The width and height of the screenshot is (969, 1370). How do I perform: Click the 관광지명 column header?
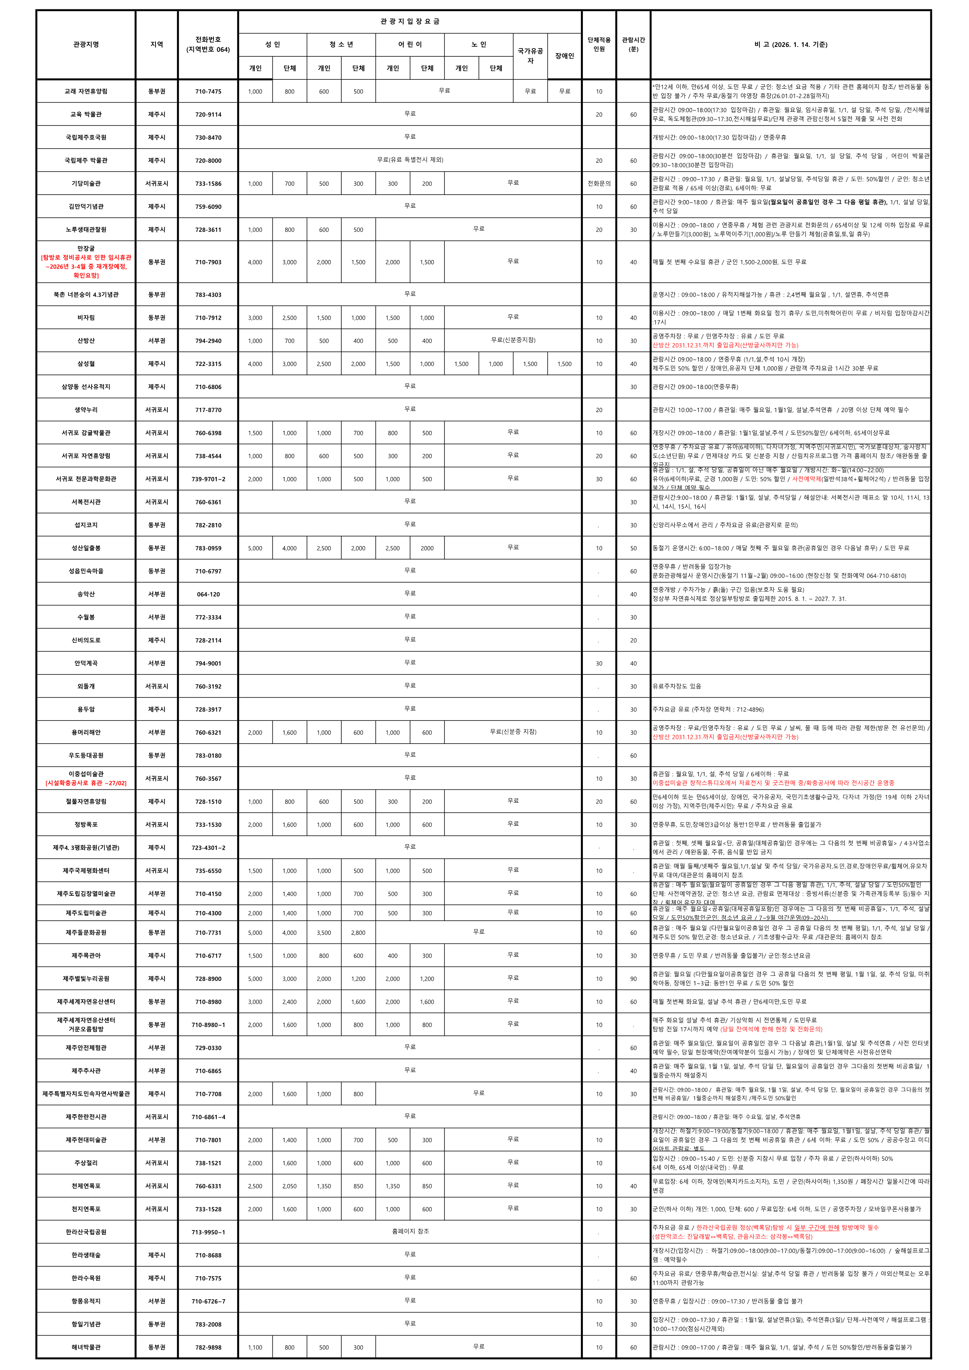[x=86, y=45]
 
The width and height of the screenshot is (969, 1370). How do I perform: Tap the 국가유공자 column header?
[x=530, y=56]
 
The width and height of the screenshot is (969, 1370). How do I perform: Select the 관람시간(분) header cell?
[x=633, y=45]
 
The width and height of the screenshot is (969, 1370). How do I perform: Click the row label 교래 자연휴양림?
[x=86, y=91]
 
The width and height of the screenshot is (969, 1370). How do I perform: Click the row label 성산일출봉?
[x=86, y=548]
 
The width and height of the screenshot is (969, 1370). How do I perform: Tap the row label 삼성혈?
[x=86, y=363]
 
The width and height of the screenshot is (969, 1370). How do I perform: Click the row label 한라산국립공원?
[x=86, y=1232]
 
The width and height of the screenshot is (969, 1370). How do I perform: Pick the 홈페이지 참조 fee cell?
[x=410, y=1231]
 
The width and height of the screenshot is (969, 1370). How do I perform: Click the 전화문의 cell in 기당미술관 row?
[x=599, y=184]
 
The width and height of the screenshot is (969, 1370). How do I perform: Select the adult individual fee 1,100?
[x=255, y=1347]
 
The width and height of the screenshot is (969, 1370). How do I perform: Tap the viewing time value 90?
[x=633, y=979]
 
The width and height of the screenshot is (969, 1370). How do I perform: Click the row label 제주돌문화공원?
[x=86, y=932]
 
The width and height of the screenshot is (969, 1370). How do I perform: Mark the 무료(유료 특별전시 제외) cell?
[x=410, y=160]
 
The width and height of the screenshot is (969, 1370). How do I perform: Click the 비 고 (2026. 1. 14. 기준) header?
[x=791, y=45]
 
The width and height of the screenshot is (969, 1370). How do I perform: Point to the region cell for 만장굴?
[x=156, y=262]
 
